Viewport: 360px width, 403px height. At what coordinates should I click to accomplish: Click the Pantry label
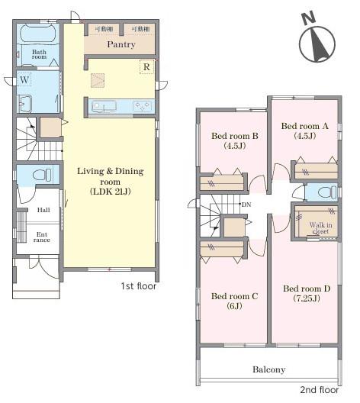[x=121, y=44]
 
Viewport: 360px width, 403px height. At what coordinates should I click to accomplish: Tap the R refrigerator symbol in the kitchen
[x=146, y=67]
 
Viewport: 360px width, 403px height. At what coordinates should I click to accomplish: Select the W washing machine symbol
[x=24, y=79]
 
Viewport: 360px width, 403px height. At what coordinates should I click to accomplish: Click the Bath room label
[x=39, y=54]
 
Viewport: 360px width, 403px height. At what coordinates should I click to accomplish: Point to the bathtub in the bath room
[x=37, y=34]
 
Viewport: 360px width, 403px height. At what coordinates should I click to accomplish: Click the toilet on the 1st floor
[x=42, y=175]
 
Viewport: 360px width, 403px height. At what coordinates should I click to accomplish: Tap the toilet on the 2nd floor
[x=326, y=192]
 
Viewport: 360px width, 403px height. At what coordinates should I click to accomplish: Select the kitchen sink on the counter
[x=104, y=106]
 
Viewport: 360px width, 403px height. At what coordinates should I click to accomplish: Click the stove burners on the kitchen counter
[x=143, y=106]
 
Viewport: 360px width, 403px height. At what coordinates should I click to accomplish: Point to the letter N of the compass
[x=308, y=18]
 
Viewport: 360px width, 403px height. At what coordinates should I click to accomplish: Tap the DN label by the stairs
[x=246, y=205]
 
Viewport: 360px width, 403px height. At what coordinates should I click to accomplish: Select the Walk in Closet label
[x=320, y=228]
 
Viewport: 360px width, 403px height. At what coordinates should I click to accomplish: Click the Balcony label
[x=268, y=369]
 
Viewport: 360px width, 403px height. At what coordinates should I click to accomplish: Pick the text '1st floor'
[x=138, y=286]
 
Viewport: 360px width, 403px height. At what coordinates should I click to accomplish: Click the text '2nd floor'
[x=319, y=389]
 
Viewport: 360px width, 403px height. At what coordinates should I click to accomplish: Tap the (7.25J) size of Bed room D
[x=307, y=298]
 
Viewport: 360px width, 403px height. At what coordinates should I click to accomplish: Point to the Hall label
[x=43, y=210]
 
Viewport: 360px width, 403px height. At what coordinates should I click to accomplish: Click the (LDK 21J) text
[x=111, y=192]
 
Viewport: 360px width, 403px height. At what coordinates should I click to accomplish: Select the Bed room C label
[x=234, y=296]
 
